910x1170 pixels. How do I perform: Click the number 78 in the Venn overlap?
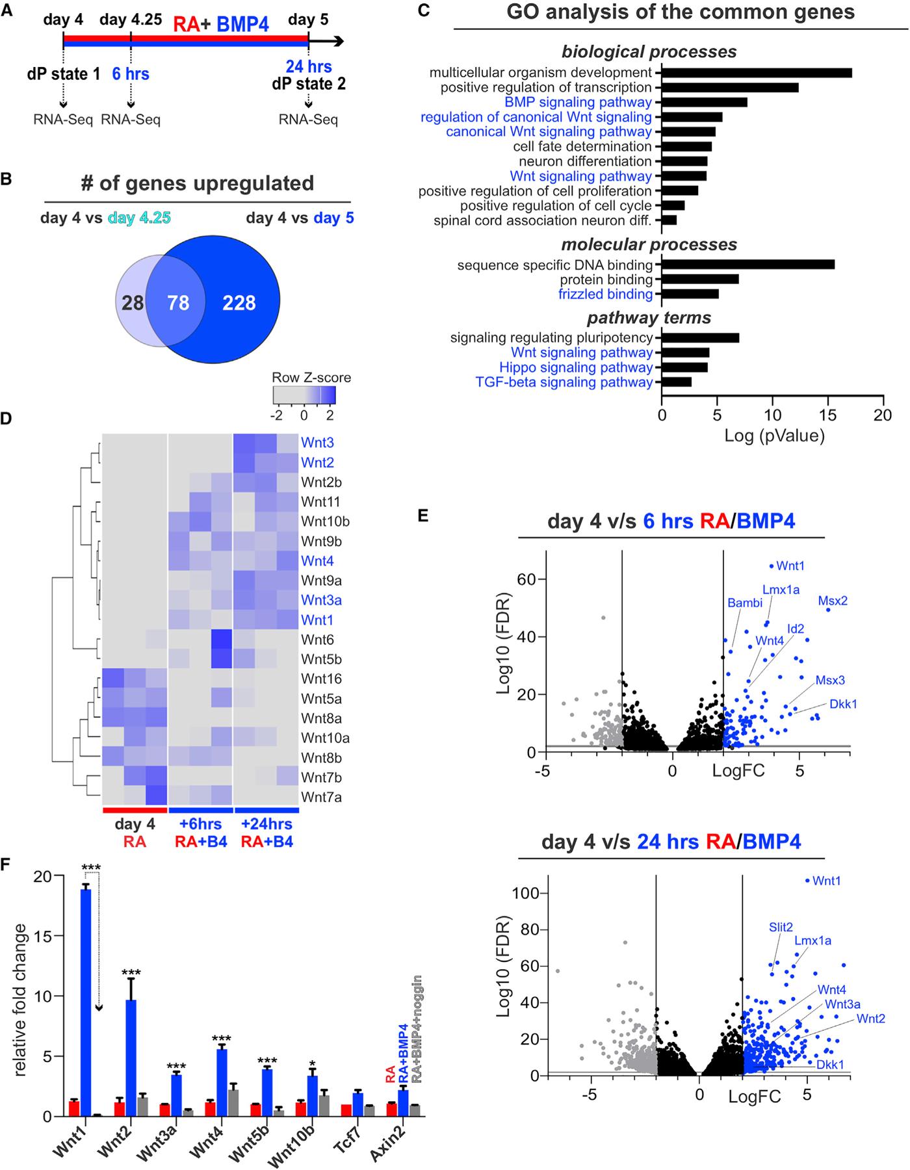point(178,303)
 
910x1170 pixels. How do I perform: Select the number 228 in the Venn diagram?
point(239,303)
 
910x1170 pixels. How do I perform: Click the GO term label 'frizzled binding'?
point(605,294)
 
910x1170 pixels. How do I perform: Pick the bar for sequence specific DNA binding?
point(747,265)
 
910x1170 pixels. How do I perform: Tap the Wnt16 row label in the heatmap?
point(320,679)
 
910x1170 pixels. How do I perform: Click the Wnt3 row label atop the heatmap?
point(317,443)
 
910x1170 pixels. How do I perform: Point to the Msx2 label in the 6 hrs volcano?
point(833,601)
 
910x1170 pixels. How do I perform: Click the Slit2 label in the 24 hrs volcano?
point(780,927)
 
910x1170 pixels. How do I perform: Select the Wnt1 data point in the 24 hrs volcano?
point(807,881)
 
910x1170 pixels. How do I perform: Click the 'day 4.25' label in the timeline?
point(131,19)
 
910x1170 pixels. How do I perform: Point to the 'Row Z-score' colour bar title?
point(311,378)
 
